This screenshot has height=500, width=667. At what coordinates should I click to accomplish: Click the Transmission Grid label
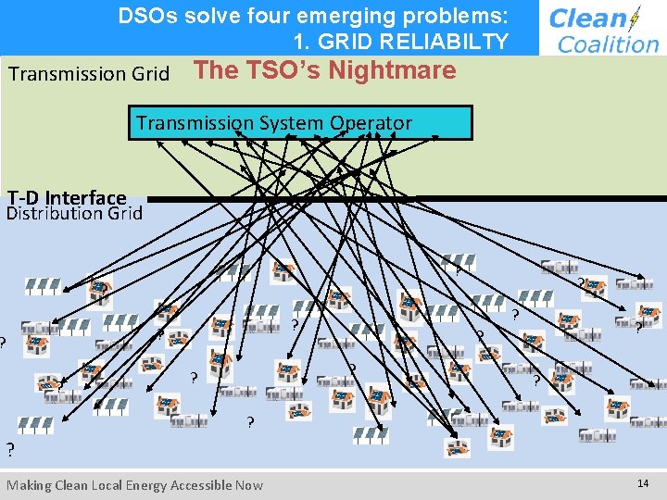pyautogui.click(x=89, y=73)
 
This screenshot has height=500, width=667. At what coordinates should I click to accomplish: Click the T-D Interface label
pyautogui.click(x=67, y=197)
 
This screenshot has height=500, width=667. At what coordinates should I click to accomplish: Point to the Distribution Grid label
pyautogui.click(x=74, y=214)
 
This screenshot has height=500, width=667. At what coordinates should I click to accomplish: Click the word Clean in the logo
pyautogui.click(x=588, y=19)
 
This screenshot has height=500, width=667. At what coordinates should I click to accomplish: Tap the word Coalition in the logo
pyautogui.click(x=608, y=44)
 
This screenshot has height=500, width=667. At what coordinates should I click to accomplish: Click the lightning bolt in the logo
pyautogui.click(x=635, y=19)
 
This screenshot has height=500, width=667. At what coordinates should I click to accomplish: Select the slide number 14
pyautogui.click(x=642, y=483)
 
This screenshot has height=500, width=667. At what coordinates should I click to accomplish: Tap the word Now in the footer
pyautogui.click(x=249, y=485)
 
